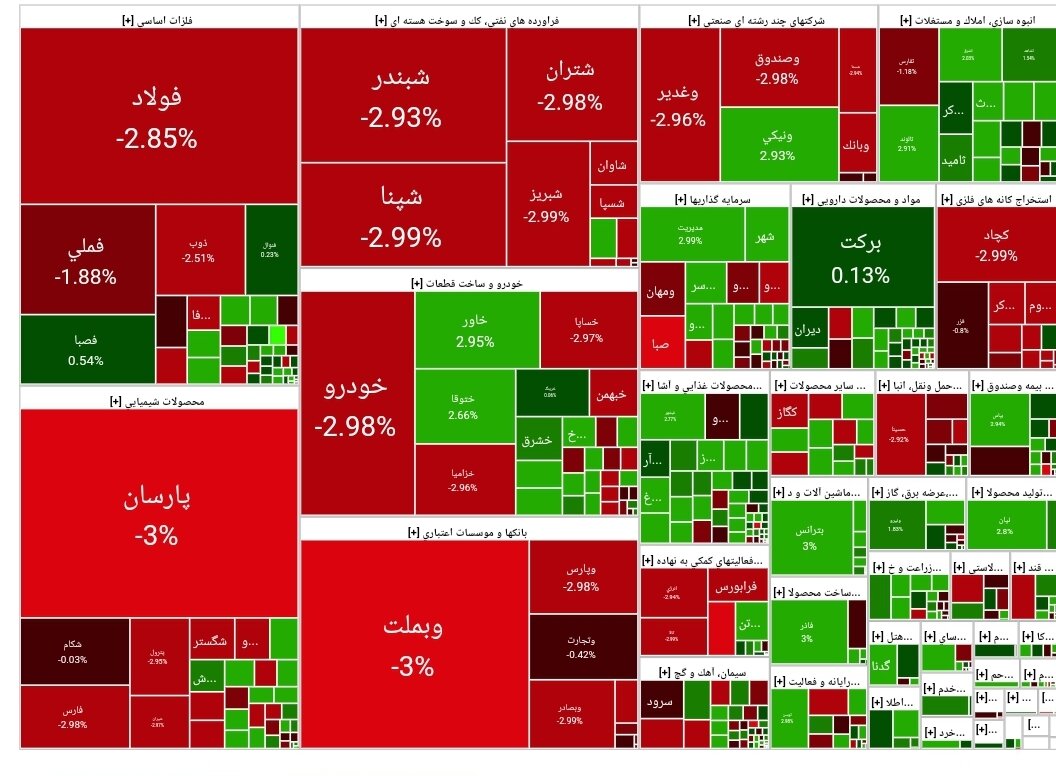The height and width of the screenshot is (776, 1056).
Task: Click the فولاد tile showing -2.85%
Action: pyautogui.click(x=157, y=117)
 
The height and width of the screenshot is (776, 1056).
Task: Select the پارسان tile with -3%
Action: pyautogui.click(x=157, y=514)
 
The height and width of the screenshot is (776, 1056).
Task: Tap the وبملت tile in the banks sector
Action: pyautogui.click(x=414, y=644)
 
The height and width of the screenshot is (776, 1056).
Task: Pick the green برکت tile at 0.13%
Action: pyautogui.click(x=863, y=258)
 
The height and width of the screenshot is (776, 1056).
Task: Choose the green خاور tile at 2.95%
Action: pyautogui.click(x=476, y=330)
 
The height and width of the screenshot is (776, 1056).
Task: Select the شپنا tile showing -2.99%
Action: pyautogui.click(x=402, y=215)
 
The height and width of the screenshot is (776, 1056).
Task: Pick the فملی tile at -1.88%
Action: pyautogui.click(x=86, y=259)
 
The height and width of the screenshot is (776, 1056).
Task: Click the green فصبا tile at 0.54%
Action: pyautogui.click(x=86, y=350)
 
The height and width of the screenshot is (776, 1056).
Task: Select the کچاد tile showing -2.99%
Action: pyautogui.click(x=996, y=244)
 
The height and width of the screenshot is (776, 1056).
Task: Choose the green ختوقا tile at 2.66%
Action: pyautogui.click(x=463, y=406)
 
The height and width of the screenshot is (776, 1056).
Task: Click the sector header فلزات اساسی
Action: pyautogui.click(x=157, y=17)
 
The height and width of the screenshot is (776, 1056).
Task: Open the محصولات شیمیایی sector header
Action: pyautogui.click(x=157, y=401)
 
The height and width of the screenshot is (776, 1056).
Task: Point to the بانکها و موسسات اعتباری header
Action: pyautogui.click(x=468, y=531)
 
